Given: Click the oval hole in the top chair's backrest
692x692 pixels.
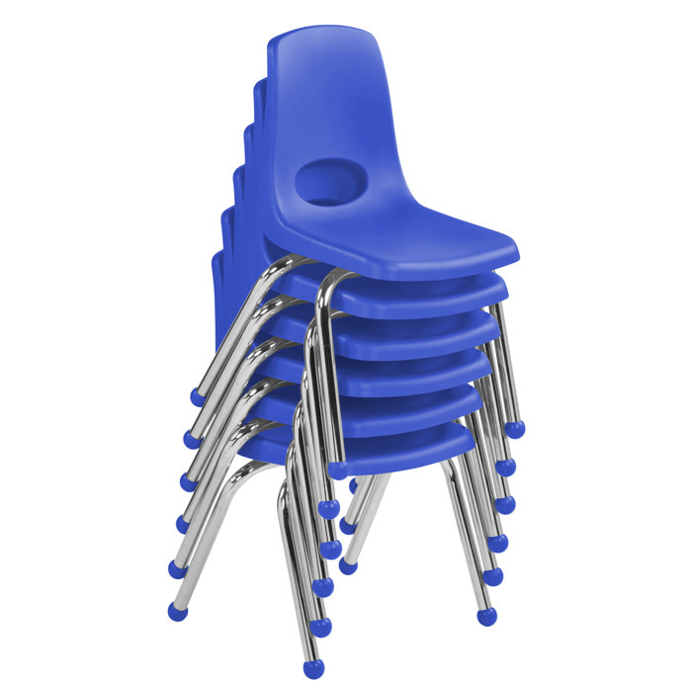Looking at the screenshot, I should tap(327, 183).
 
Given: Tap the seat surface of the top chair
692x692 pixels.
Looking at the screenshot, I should tap(415, 232).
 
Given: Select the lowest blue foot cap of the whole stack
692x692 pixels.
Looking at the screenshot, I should tap(313, 669).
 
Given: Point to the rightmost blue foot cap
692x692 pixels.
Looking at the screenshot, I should tap(514, 429).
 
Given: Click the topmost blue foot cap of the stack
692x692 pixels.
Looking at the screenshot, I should tap(198, 397).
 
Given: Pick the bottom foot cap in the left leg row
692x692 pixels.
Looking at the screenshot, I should tap(178, 611).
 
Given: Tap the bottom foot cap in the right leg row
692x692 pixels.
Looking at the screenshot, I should tap(486, 616).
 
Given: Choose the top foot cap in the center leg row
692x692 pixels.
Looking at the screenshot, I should tap(337, 470).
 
